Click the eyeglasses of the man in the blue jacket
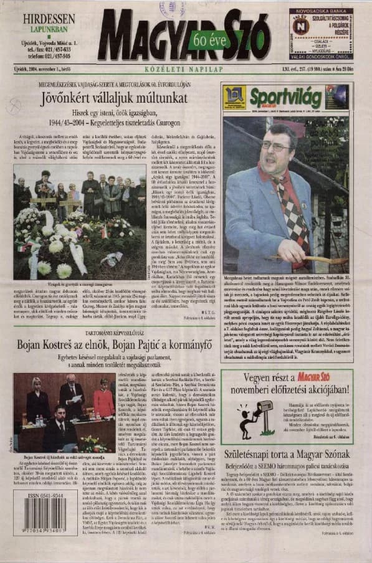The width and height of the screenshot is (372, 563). pos(274,146)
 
